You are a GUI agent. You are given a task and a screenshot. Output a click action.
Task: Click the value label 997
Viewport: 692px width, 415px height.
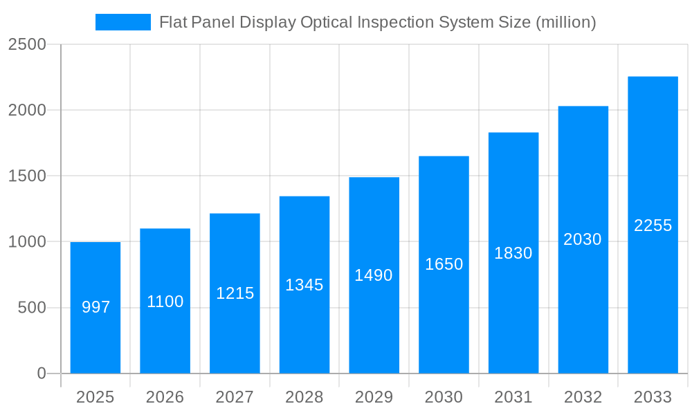(95, 307)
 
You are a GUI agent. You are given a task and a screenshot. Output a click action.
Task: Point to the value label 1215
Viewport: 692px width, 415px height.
(235, 293)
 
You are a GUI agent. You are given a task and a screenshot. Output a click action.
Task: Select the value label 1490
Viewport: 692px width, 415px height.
(374, 275)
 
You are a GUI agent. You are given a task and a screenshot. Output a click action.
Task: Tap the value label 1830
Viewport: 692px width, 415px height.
(513, 253)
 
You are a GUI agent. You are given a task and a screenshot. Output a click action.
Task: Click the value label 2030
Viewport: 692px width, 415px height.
(583, 239)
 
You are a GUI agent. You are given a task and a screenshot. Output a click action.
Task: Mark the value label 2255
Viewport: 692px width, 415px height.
(653, 225)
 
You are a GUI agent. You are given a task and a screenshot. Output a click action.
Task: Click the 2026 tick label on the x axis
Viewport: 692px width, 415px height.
(165, 397)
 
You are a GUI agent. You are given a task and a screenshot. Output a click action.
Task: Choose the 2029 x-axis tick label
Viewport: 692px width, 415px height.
(374, 397)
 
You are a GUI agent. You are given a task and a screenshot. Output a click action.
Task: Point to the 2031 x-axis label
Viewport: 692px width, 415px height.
(513, 397)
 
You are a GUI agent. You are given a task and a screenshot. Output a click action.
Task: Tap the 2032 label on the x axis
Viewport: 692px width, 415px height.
(583, 397)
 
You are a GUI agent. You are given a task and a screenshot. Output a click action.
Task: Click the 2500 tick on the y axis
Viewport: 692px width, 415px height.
(26, 44)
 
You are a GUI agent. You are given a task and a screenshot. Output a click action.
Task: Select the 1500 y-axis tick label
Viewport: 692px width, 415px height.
(26, 176)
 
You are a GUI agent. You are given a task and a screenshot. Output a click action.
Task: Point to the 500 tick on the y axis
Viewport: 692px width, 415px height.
(32, 307)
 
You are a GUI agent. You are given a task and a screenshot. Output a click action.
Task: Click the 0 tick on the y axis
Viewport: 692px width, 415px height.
(41, 373)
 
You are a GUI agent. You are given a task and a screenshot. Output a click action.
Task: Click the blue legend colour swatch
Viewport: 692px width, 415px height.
(122, 22)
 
